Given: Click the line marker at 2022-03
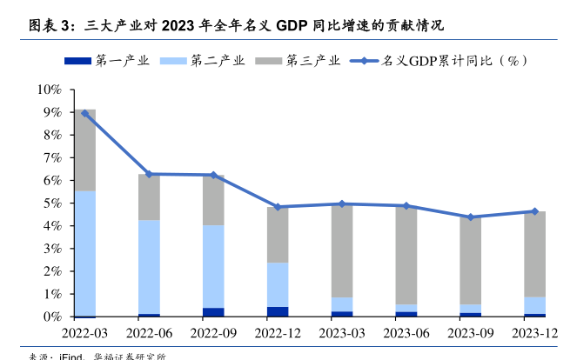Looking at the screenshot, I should pos(84,113).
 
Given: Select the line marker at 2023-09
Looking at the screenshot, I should pos(471,217).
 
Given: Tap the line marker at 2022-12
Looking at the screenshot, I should pos(278,207).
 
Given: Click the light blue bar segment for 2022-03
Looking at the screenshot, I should pos(84,253).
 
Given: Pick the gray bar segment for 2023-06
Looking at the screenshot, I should pos(406,255).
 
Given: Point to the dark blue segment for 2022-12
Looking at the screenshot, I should pos(278,311).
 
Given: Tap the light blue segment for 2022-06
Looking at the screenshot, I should pos(149,266).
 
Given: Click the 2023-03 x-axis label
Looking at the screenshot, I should pos(342,334).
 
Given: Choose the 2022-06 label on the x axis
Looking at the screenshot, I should pos(149,334).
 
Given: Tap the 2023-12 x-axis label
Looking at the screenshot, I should pos(535,334).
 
